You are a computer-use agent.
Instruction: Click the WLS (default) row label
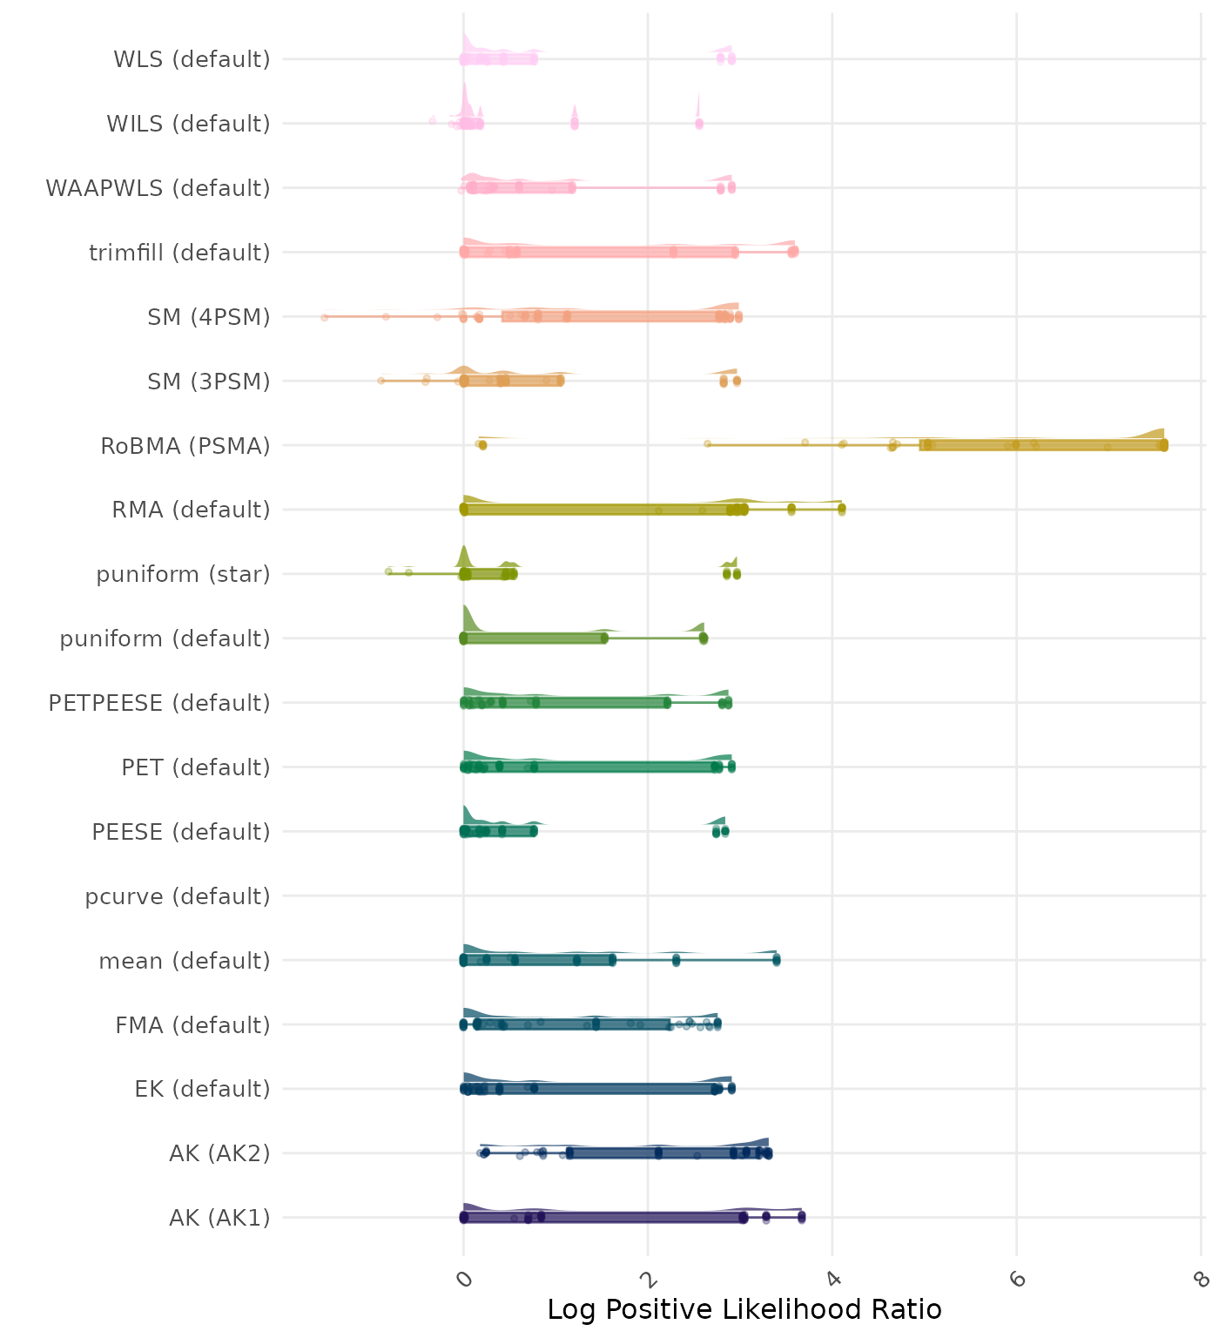click(192, 59)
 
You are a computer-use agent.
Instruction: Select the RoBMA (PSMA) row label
click(185, 446)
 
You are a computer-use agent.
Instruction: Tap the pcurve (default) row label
click(178, 896)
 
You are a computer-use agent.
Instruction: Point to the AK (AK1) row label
click(219, 1218)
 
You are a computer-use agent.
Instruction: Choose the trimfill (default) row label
click(179, 253)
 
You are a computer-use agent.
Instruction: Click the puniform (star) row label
click(183, 574)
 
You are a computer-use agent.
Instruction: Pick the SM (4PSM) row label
click(209, 317)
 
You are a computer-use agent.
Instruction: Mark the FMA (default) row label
click(192, 1025)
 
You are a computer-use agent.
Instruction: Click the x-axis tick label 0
click(465, 1279)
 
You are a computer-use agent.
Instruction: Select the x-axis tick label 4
click(833, 1279)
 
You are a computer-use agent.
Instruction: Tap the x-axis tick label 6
click(1018, 1279)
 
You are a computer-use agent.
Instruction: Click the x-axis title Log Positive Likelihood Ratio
click(744, 1309)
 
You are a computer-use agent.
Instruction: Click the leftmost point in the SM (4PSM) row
click(325, 317)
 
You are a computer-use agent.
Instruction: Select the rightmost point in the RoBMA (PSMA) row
click(1164, 445)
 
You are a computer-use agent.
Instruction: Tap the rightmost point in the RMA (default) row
click(841, 509)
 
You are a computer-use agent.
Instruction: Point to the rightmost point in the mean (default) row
click(776, 960)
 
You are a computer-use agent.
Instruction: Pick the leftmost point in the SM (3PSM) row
click(381, 381)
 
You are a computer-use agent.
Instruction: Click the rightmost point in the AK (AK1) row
click(802, 1216)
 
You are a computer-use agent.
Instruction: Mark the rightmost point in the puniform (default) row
click(704, 639)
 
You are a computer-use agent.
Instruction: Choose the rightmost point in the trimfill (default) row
click(794, 252)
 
